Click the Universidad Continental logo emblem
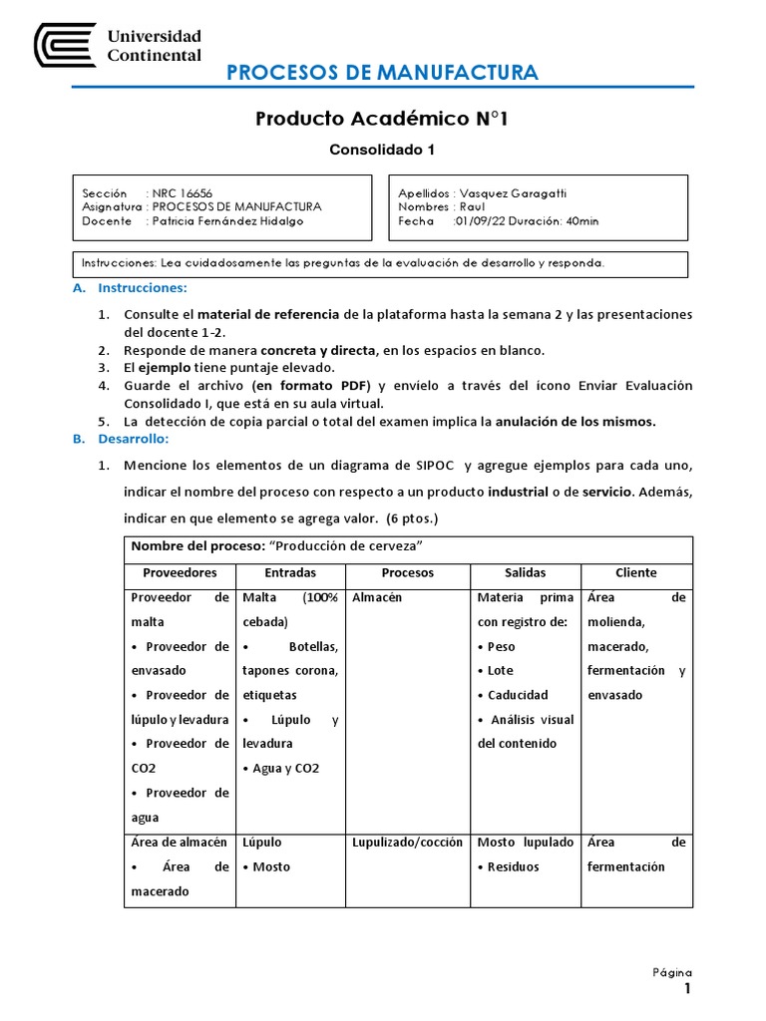pos(65,46)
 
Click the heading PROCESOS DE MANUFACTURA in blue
pos(382,72)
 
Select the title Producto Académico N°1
pos(382,120)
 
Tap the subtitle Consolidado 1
pos(382,151)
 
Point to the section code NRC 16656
pos(182,192)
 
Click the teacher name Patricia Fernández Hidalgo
pos(228,221)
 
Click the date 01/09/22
pos(478,221)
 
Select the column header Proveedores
pos(180,572)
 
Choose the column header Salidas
pos(525,572)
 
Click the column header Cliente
pos(635,572)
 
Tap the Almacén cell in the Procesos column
pos(377,597)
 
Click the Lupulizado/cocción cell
pos(407,843)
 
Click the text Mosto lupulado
pos(525,843)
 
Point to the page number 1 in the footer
pos(686,988)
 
